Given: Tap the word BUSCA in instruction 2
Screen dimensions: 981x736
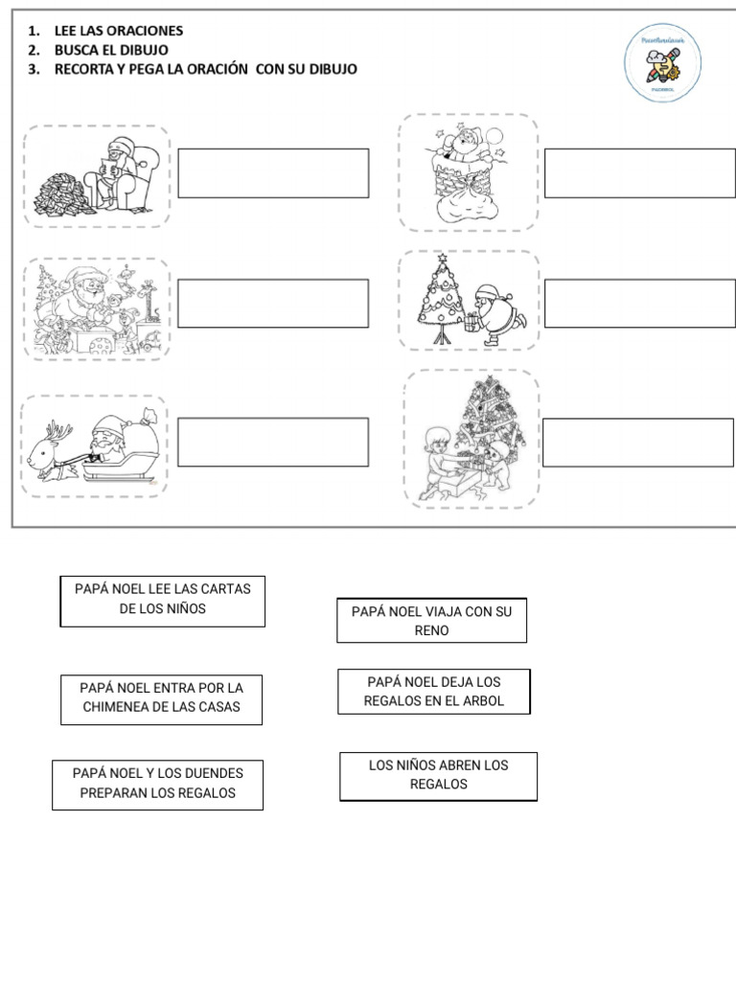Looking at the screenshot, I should coord(77,50).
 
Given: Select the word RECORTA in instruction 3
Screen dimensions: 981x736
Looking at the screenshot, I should coord(85,69).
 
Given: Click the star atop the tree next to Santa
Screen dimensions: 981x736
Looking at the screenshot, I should coord(443,260).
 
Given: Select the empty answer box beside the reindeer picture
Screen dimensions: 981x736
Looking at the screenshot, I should coord(272,442).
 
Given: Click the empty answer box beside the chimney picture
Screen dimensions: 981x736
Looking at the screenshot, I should coord(639,172).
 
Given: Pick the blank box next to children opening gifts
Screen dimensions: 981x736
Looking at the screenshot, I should coord(637,443).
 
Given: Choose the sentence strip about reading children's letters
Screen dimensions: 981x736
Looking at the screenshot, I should coord(162,600).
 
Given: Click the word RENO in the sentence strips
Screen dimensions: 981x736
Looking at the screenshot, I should coord(431,631).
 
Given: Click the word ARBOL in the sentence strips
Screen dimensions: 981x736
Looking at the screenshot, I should coord(482,701).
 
